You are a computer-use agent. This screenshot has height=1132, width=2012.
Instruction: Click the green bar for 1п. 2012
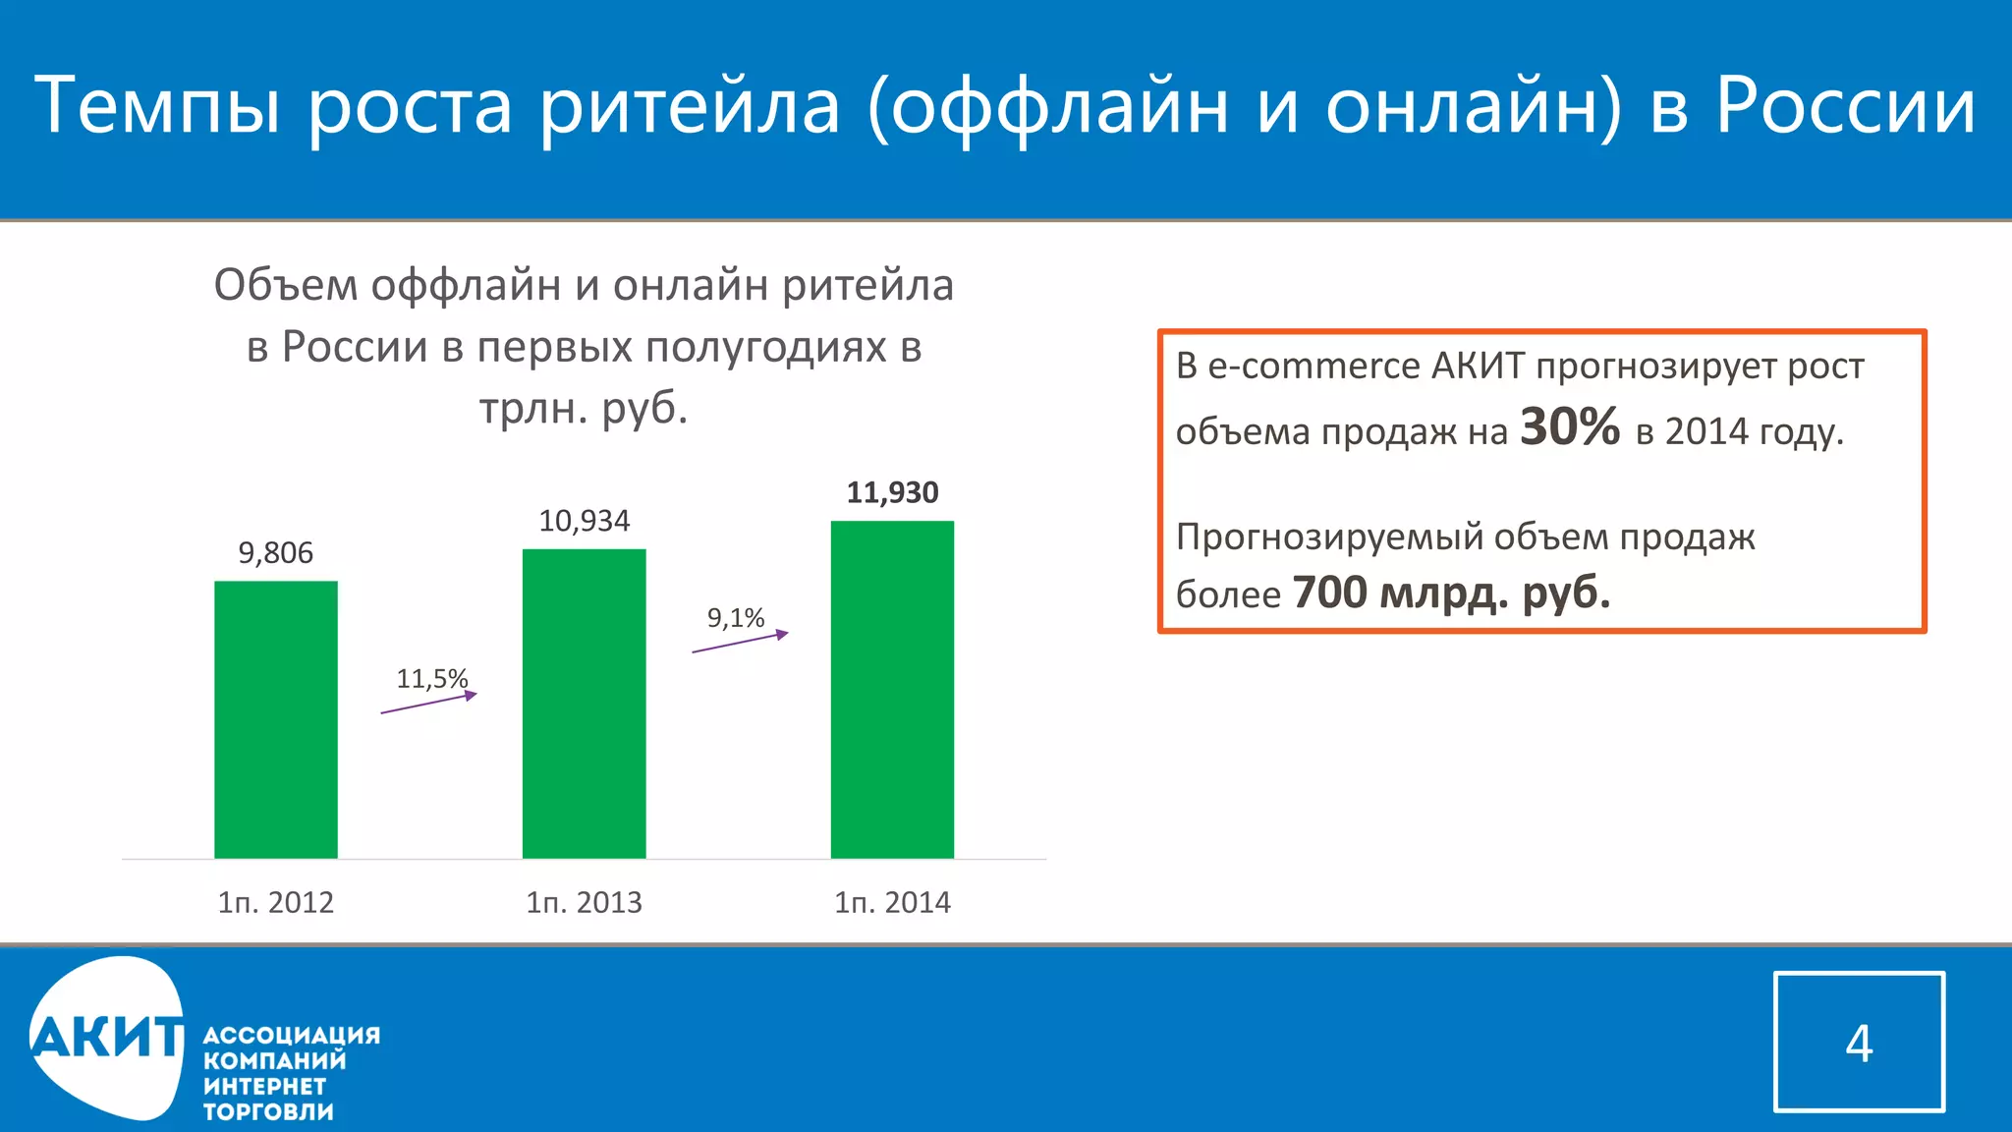pyautogui.click(x=276, y=719)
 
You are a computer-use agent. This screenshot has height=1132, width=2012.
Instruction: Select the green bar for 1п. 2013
pyautogui.click(x=584, y=704)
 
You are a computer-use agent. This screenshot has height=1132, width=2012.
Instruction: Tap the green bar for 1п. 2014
pyautogui.click(x=892, y=690)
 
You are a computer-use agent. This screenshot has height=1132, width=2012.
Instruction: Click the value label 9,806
pyautogui.click(x=276, y=553)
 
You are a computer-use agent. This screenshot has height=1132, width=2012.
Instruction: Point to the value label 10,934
pyautogui.click(x=584, y=521)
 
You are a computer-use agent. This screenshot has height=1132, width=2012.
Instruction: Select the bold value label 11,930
pyautogui.click(x=892, y=492)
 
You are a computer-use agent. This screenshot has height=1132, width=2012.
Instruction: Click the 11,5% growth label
pyautogui.click(x=431, y=679)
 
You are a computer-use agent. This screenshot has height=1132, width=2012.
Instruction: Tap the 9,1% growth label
pyautogui.click(x=736, y=618)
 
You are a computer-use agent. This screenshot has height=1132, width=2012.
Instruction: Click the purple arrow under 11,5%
pyautogui.click(x=428, y=704)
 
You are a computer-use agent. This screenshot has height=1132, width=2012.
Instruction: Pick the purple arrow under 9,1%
pyautogui.click(x=740, y=643)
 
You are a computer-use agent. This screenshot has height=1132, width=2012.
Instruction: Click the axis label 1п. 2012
pyautogui.click(x=276, y=902)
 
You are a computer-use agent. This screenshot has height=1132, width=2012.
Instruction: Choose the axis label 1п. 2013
pyautogui.click(x=584, y=902)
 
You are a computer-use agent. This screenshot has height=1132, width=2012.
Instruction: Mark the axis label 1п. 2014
pyautogui.click(x=892, y=902)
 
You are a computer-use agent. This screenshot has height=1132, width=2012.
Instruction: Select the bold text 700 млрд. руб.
pyautogui.click(x=1451, y=593)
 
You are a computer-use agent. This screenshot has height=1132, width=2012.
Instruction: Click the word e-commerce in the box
pyautogui.click(x=1313, y=367)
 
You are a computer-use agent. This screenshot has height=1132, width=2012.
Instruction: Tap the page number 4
pyautogui.click(x=1859, y=1043)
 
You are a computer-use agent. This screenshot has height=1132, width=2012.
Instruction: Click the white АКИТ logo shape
pyautogui.click(x=106, y=1038)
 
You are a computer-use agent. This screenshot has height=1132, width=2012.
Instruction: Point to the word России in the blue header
pyautogui.click(x=1845, y=105)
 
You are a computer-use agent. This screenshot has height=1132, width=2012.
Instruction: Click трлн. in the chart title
pyautogui.click(x=531, y=408)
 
